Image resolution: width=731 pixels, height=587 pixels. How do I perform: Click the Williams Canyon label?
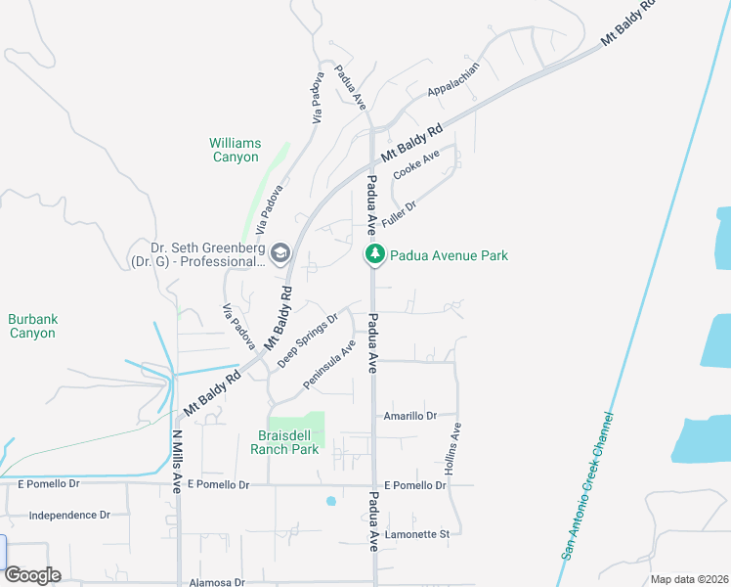[x=235, y=150]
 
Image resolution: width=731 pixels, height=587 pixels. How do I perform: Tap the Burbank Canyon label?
[x=32, y=326]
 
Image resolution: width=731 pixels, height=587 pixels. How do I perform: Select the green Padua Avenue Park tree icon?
[x=374, y=255]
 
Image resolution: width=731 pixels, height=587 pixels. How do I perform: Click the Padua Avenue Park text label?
[x=449, y=255]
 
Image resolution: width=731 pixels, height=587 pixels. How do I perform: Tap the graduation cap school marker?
[x=279, y=254]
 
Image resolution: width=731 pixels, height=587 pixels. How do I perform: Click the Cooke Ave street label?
[x=416, y=163]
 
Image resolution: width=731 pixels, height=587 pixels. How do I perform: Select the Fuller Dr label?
[x=399, y=214]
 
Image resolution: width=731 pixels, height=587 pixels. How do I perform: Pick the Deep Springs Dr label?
[x=307, y=339]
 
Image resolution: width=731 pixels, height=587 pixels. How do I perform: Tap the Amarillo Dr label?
[x=409, y=416]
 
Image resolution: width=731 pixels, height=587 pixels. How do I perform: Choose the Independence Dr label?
[x=69, y=515]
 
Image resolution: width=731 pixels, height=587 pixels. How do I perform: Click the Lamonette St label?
[x=416, y=534]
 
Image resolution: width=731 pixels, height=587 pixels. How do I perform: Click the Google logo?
[x=32, y=574]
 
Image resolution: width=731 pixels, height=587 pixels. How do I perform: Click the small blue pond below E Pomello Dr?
[x=331, y=501]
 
